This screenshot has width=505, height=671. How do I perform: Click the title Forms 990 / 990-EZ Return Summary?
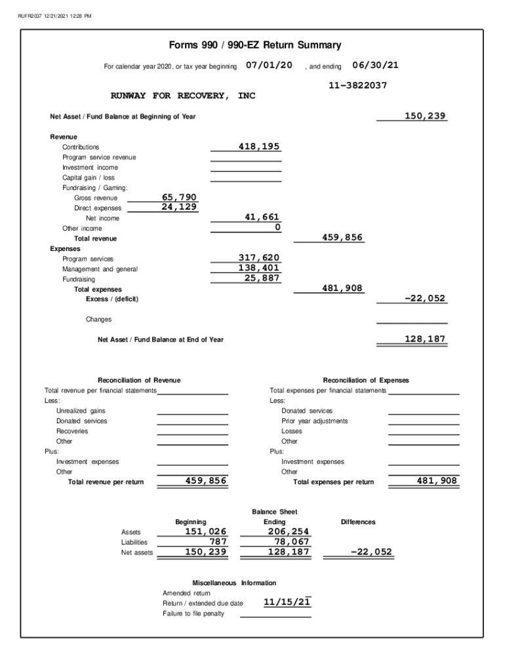click(x=255, y=45)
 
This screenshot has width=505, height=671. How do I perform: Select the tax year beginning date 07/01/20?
click(x=269, y=66)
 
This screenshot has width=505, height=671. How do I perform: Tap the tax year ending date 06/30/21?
click(x=375, y=66)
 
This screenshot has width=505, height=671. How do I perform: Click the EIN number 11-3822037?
click(x=357, y=85)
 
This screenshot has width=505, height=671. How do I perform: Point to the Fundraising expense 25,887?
click(x=262, y=278)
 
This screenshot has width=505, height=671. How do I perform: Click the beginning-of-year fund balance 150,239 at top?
click(x=424, y=116)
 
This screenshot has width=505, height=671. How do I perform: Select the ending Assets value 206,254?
click(x=288, y=531)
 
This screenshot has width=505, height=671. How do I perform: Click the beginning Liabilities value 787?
click(x=217, y=542)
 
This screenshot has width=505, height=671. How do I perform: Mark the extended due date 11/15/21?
click(x=287, y=602)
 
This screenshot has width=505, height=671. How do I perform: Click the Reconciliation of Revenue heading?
click(x=139, y=380)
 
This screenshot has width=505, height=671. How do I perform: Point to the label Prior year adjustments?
click(x=315, y=421)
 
